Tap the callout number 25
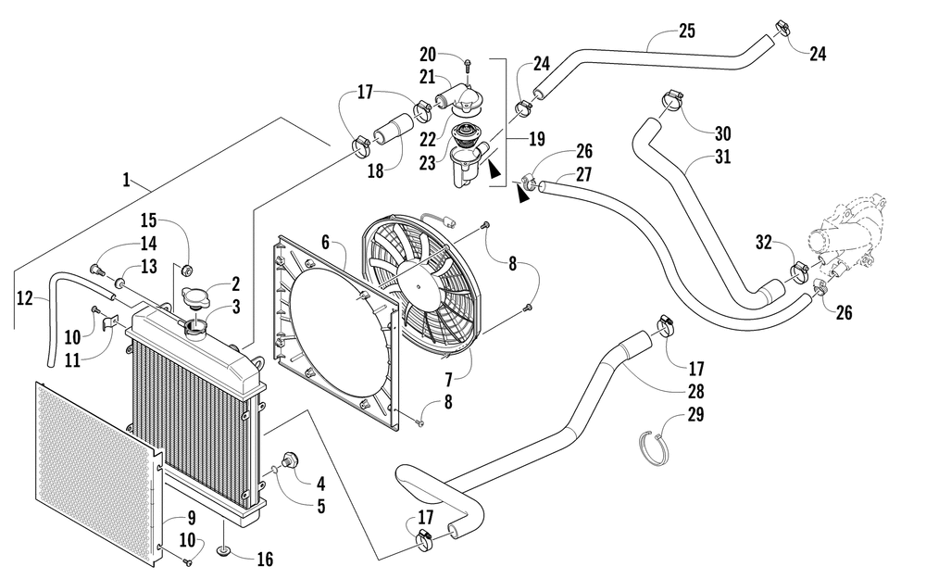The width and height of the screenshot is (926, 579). [687, 31]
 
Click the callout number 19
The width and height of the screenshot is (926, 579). [537, 140]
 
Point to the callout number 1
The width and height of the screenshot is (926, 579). [126, 180]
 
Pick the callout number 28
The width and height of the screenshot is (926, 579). [695, 391]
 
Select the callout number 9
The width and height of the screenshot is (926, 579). [192, 518]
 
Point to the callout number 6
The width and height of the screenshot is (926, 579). [325, 242]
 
